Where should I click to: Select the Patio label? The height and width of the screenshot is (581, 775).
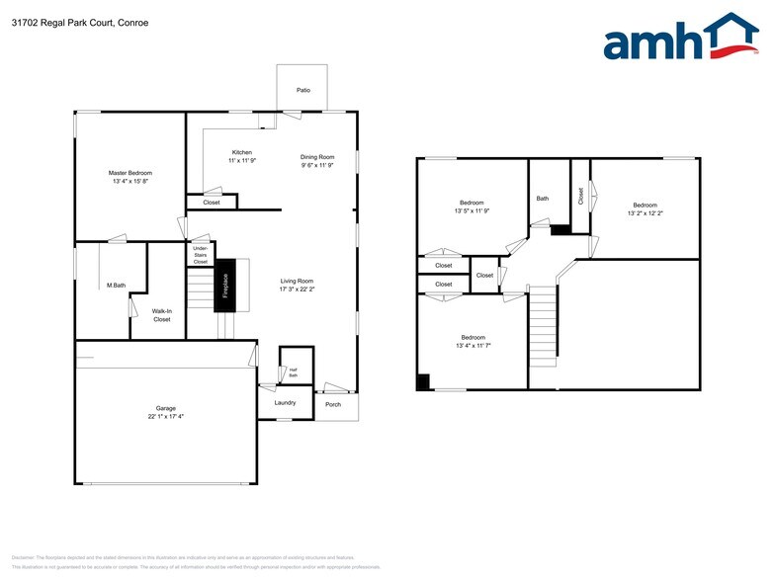303,91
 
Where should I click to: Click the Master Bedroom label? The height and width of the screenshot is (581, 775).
130,173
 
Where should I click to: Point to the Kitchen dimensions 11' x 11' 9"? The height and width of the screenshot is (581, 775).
242,161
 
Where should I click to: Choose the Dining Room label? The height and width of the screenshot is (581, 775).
318,157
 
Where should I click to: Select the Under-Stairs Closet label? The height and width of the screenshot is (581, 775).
200,254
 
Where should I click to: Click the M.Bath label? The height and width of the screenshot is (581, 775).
116,287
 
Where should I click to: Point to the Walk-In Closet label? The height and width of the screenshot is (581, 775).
161,315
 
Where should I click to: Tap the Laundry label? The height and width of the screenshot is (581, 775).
285,402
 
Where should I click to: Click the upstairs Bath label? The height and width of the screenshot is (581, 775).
542,199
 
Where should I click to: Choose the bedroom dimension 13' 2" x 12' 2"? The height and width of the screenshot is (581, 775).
645,212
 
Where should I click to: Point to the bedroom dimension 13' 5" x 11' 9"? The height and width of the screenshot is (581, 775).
472,210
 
